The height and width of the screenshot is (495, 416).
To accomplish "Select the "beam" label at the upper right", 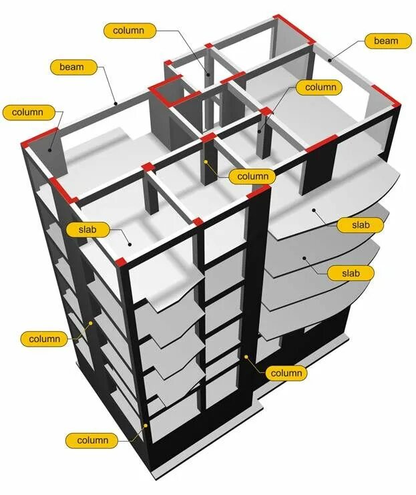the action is [386, 41].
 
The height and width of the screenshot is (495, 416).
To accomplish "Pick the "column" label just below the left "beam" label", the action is [27, 112].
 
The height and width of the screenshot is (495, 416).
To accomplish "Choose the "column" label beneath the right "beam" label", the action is [321, 87].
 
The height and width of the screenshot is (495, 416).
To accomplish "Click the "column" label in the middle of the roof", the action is [252, 176].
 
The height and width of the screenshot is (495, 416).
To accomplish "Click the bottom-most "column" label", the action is [92, 440].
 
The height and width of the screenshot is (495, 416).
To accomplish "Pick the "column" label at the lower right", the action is [286, 373].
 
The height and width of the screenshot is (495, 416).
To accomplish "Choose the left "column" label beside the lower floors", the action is [45, 339].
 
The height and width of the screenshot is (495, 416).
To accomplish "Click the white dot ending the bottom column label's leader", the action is [145, 426].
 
